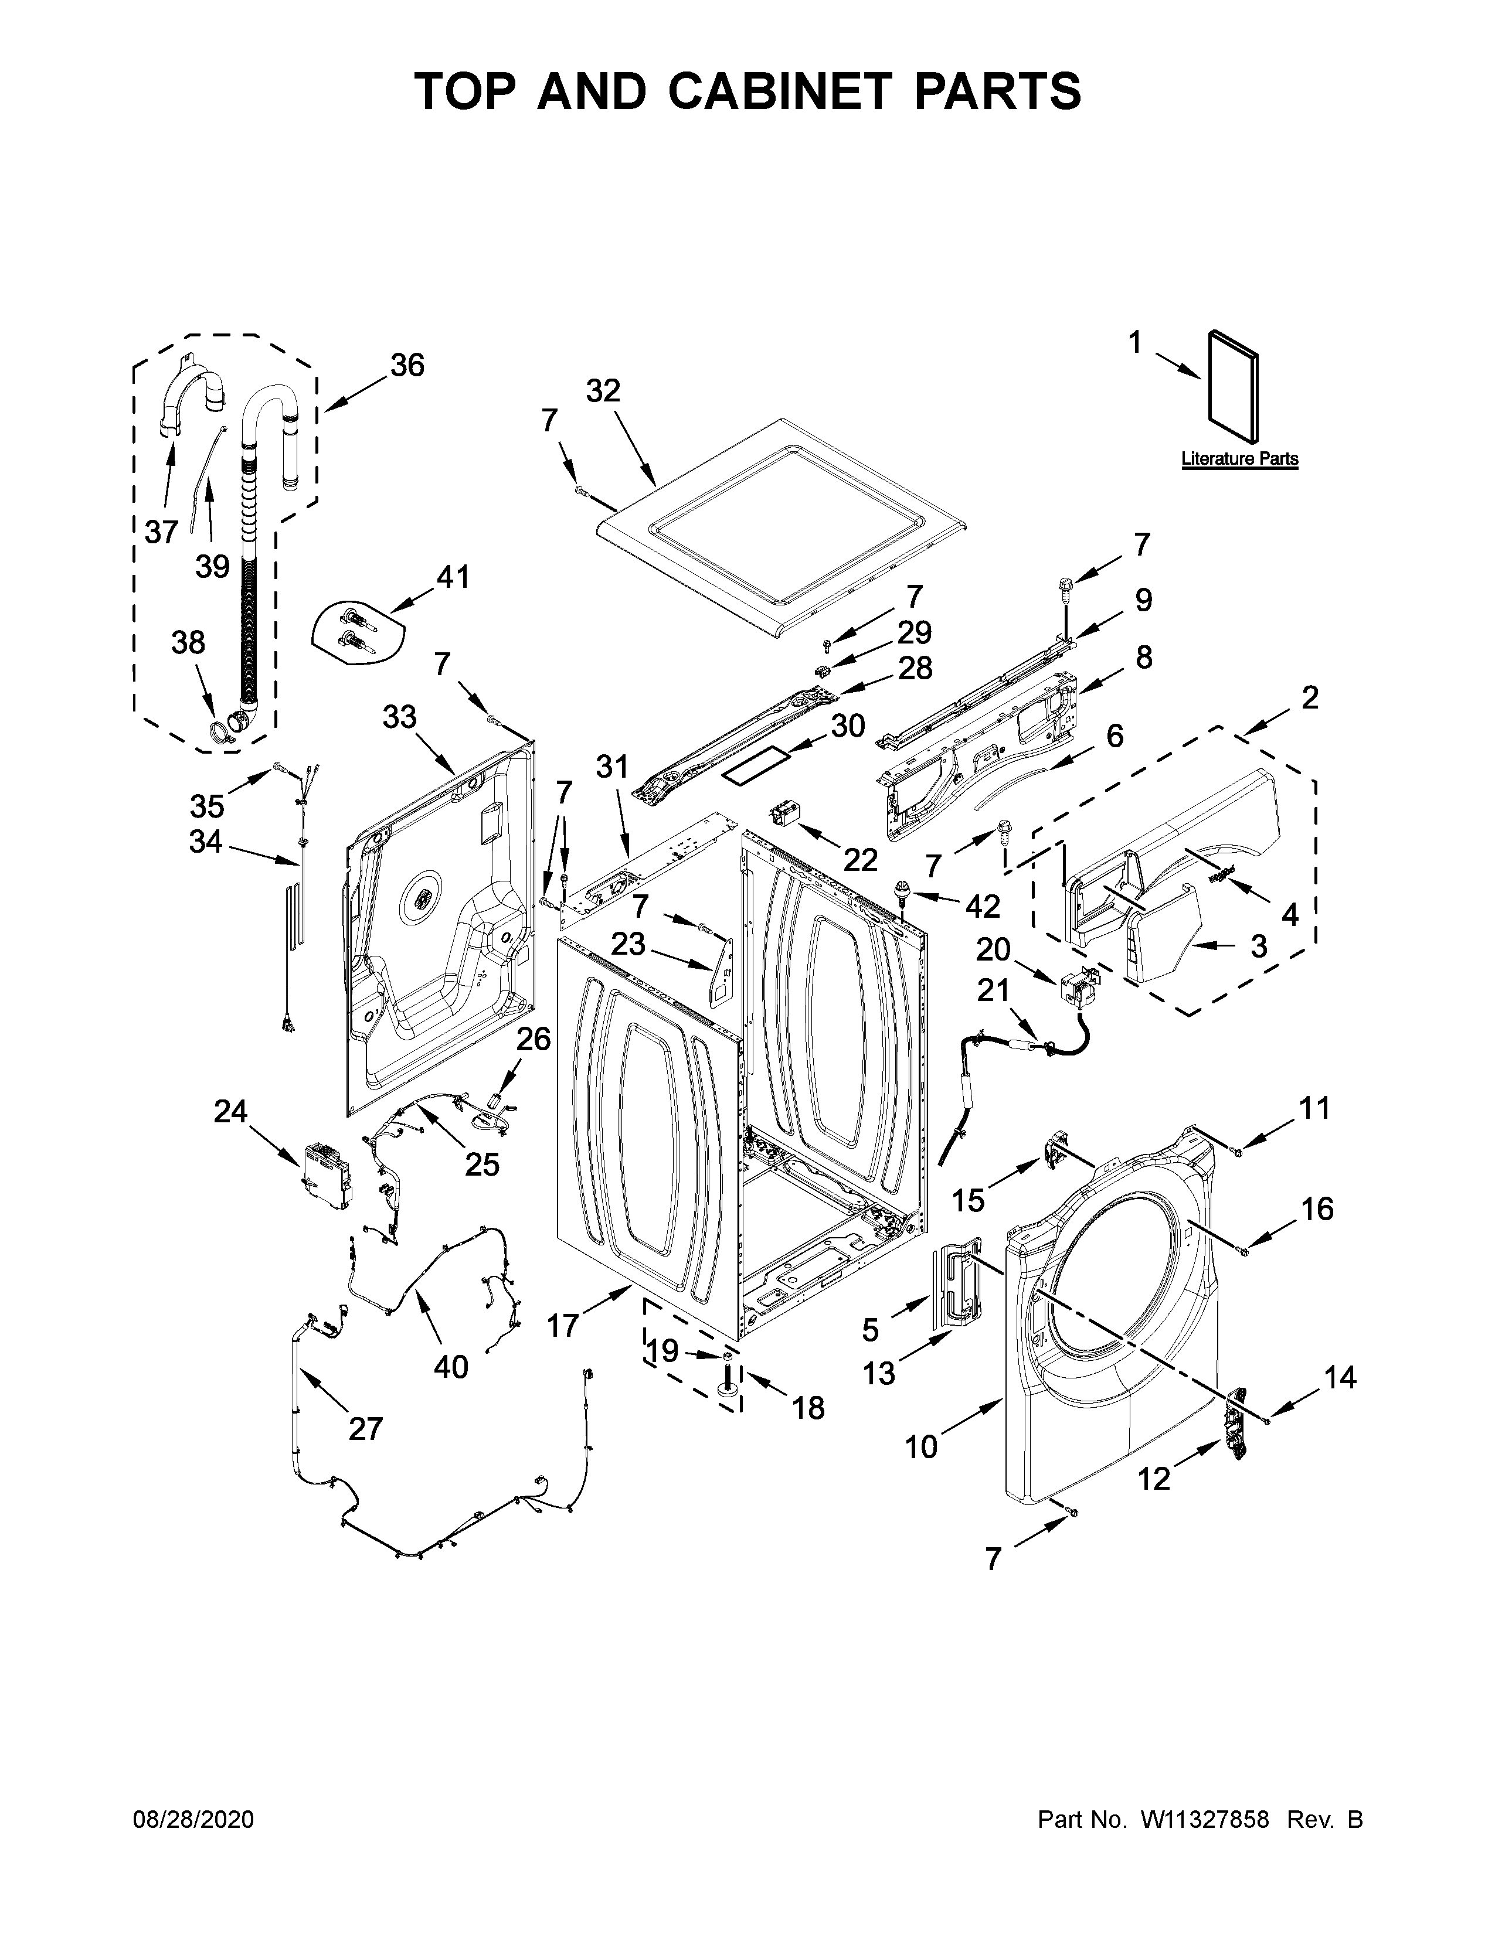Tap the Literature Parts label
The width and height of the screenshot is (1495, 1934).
(x=1239, y=459)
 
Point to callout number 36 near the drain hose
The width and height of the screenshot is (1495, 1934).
(x=407, y=365)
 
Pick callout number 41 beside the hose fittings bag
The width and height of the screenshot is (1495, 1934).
(x=453, y=577)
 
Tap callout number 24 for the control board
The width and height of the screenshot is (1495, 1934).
(x=230, y=1111)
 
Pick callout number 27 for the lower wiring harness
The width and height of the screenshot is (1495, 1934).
(x=365, y=1428)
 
